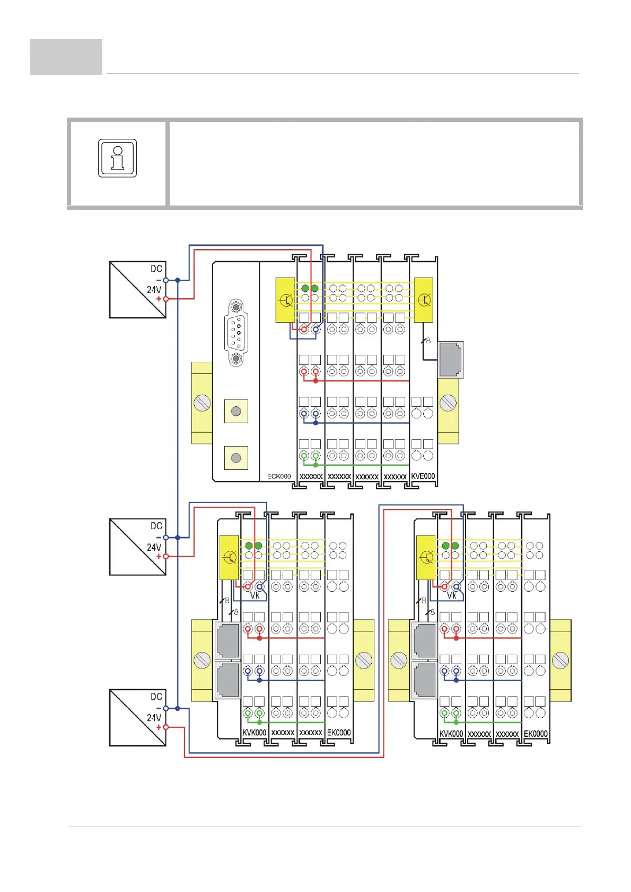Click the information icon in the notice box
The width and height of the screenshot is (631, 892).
point(118,158)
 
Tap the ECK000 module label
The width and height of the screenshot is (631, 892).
point(278,476)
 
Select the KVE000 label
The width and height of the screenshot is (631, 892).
point(423,476)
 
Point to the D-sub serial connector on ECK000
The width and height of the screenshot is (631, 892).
point(236,333)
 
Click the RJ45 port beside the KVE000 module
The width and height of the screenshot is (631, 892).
point(450,360)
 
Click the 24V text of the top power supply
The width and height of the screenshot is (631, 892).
point(154,290)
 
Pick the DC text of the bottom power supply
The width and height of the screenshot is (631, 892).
point(156,697)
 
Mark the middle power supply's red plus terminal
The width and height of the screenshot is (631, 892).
point(165,556)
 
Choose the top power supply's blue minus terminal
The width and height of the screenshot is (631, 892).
point(165,280)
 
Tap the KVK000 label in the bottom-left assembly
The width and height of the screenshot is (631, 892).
point(255,733)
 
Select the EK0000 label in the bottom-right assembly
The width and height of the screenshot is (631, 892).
point(536,734)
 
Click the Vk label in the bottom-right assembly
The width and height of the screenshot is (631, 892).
point(451,596)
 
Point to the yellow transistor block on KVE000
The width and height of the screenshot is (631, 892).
point(423,300)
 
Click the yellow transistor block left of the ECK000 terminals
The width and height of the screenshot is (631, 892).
point(285,300)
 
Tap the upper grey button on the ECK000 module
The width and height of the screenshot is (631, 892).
point(236,411)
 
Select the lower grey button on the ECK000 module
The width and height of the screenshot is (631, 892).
point(236,458)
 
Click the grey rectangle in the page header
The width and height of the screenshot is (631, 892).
point(66,57)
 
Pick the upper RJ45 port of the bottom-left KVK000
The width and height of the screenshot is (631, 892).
point(227,640)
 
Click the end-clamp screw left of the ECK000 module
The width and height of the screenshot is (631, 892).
point(202,403)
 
